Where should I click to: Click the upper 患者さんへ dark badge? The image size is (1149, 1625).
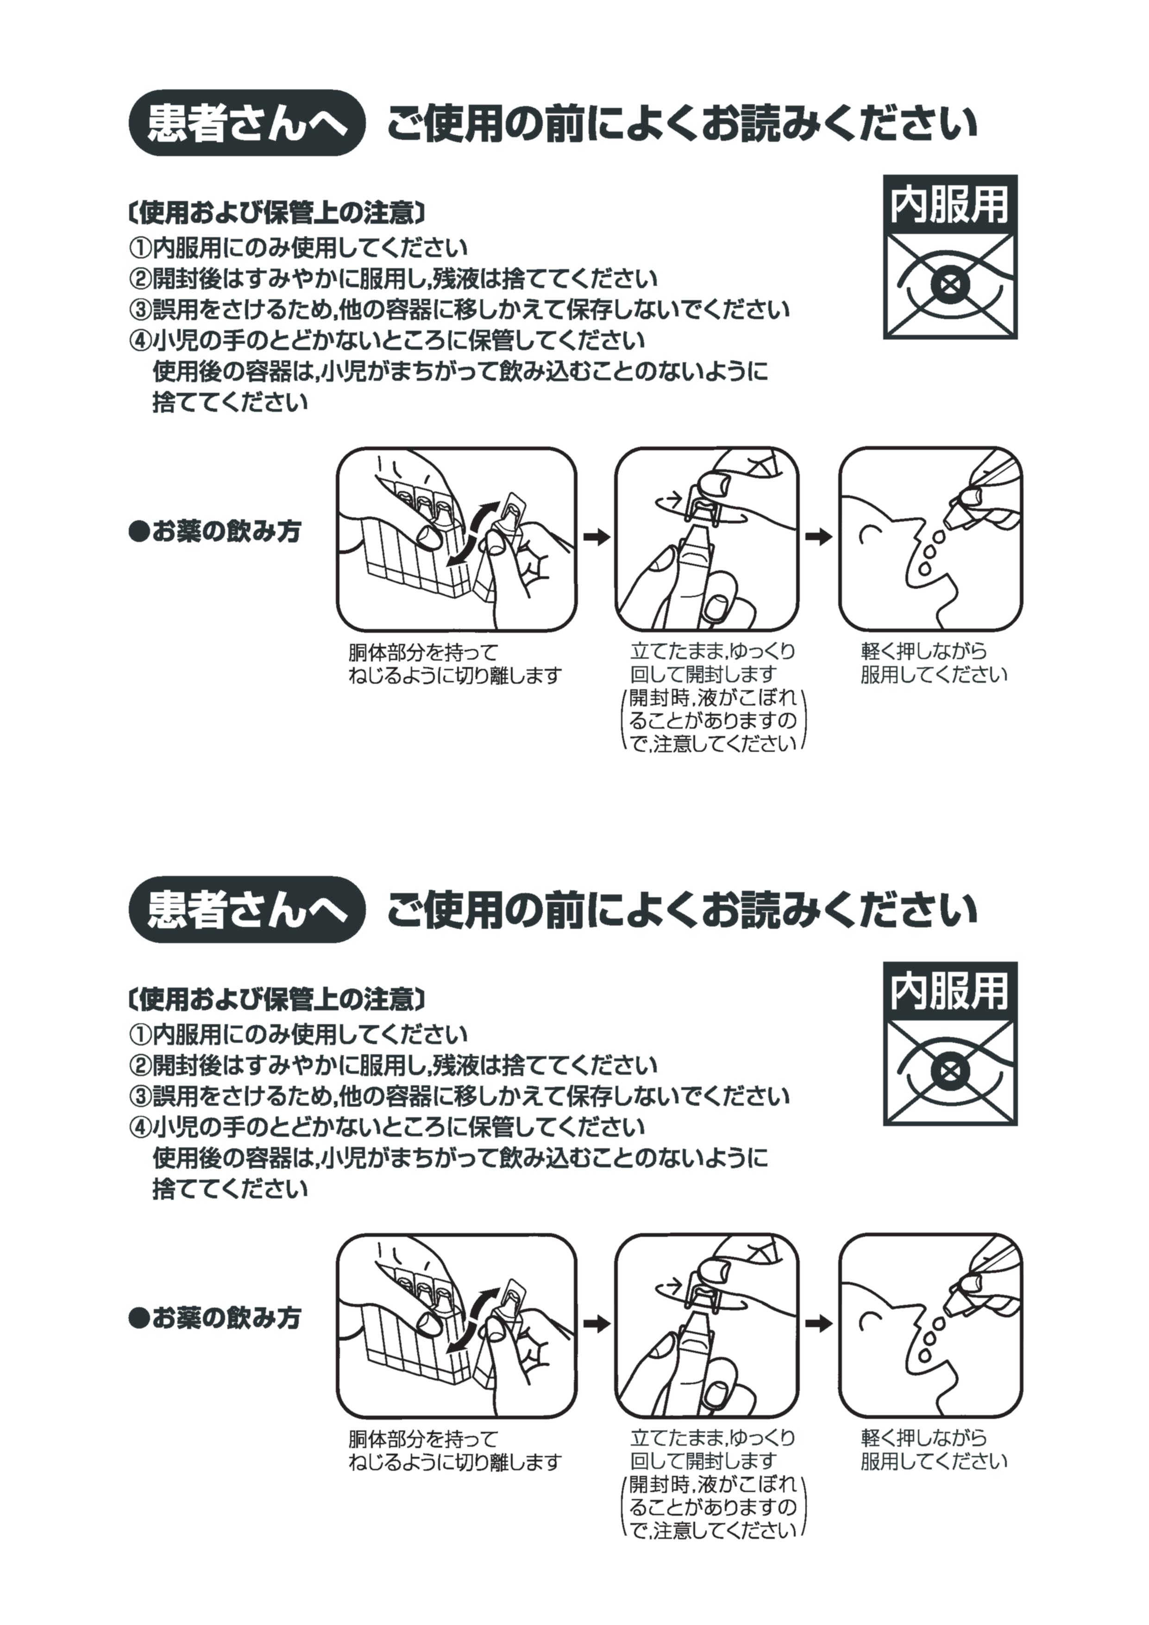pyautogui.click(x=246, y=123)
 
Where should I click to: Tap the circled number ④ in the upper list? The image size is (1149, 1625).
pyautogui.click(x=140, y=341)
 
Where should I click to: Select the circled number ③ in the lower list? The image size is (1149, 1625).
pyautogui.click(x=140, y=1096)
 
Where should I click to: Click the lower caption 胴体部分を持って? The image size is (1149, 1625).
pyautogui.click(x=423, y=1438)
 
